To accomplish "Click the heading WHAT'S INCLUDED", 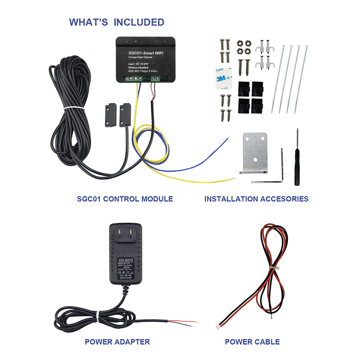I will pos(116,22).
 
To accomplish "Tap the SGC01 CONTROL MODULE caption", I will pos(125,198).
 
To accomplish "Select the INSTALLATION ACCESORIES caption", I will pos(256,198).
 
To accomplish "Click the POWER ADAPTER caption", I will pos(117,342).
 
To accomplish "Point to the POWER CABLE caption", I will pos(252,342).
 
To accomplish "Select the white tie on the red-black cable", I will pos(272,268).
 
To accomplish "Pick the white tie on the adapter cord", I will pos(94,321).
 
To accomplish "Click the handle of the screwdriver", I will pos(297,169).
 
